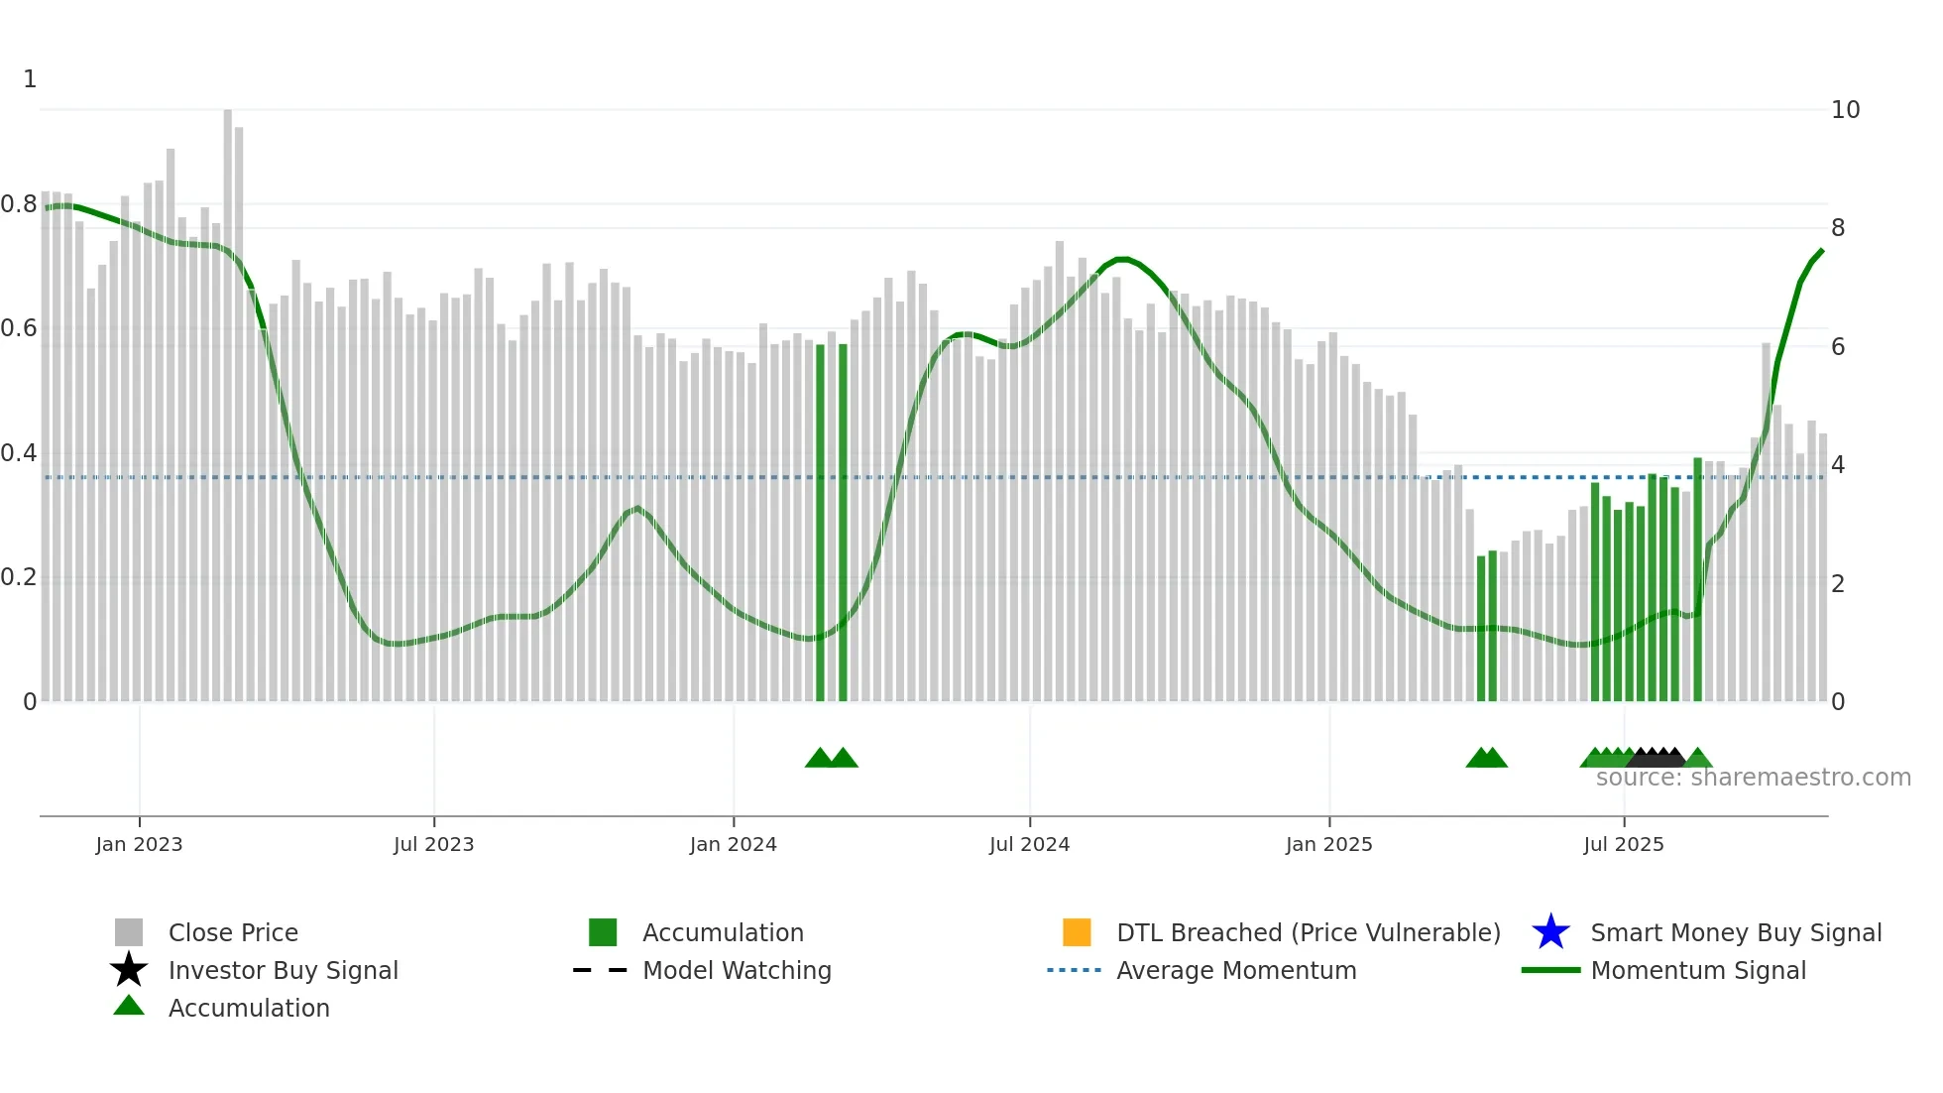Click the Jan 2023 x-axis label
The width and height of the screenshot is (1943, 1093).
139,844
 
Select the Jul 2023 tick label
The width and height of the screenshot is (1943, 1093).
433,844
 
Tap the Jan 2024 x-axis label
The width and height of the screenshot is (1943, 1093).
733,844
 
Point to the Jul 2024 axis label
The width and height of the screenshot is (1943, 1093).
1029,844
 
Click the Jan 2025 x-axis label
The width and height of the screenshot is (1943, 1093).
1328,844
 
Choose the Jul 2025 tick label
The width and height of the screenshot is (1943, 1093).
1623,844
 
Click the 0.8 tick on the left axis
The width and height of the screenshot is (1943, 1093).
19,204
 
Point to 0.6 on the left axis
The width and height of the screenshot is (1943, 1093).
19,328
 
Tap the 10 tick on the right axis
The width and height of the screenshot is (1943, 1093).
1845,110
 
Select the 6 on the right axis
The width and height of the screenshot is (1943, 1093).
1838,347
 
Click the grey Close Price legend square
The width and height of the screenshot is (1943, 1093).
129,932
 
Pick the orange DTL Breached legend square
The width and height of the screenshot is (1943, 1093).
1077,932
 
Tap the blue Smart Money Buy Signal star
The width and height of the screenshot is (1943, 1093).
1550,932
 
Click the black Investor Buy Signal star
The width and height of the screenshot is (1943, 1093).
129,970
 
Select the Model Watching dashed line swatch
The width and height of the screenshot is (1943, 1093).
601,970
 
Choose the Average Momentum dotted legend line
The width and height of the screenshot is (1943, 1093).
1075,970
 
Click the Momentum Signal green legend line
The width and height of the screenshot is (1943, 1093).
1550,970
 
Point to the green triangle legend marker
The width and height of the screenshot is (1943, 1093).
129,1006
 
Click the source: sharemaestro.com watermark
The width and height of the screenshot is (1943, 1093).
1753,778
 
